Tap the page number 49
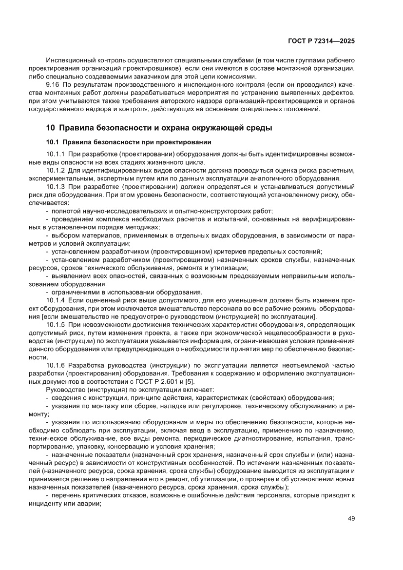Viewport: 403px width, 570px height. click(x=351, y=518)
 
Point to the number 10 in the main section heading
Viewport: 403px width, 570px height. click(x=50, y=128)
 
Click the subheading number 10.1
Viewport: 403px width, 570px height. click(x=52, y=142)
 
